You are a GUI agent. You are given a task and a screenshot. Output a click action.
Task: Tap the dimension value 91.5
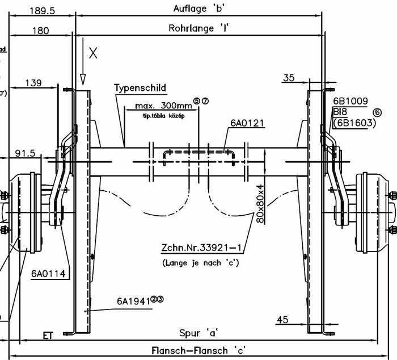(25, 153)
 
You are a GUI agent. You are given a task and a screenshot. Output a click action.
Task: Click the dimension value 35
(289, 78)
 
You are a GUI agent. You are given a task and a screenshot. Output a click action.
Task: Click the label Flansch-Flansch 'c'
(199, 350)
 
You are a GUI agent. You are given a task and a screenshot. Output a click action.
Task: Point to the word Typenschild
(140, 88)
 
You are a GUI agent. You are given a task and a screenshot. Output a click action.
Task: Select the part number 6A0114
(48, 274)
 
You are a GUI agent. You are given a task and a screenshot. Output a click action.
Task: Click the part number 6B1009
(351, 101)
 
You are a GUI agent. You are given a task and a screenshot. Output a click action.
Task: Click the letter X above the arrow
(94, 53)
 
